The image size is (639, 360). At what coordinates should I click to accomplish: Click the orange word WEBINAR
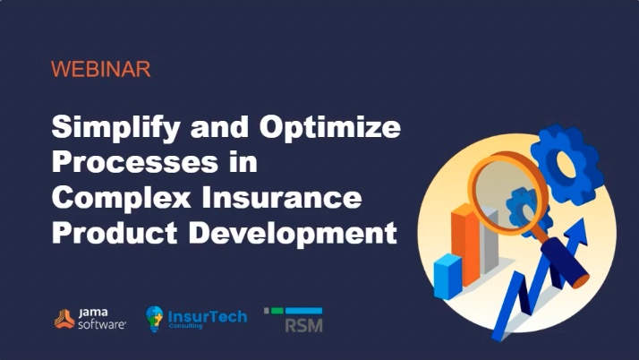pyautogui.click(x=100, y=69)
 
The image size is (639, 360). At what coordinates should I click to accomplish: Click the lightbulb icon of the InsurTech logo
pyautogui.click(x=155, y=319)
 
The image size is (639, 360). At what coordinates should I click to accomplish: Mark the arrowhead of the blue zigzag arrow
pyautogui.click(x=584, y=236)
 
